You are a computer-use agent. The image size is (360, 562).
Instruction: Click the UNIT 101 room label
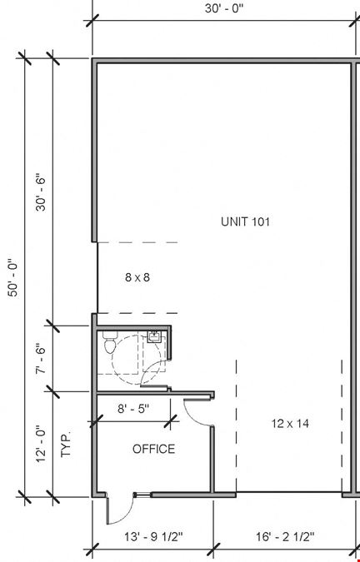245,221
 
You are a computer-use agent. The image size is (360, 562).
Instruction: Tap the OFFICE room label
154,449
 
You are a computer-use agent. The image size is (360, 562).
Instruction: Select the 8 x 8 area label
137,277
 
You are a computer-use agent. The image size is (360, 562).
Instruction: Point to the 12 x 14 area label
290,424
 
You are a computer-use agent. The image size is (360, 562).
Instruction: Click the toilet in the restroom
111,343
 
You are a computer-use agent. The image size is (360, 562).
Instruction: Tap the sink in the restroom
154,337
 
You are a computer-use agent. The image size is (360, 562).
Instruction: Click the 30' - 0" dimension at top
224,8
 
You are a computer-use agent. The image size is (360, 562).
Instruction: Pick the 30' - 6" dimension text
41,193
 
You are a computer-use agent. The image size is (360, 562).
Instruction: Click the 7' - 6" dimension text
41,360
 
